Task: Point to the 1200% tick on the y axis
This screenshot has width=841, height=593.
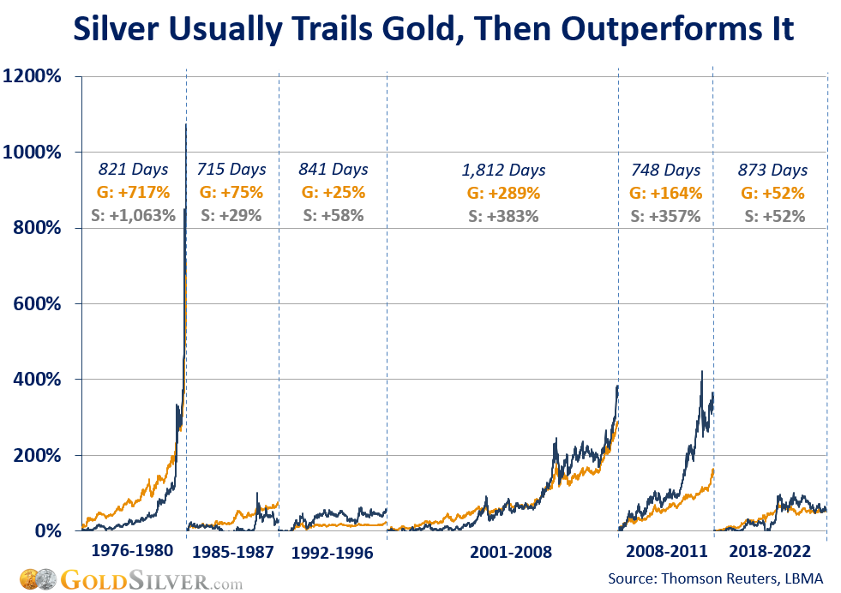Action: [32, 76]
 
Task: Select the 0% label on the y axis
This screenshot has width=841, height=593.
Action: [46, 530]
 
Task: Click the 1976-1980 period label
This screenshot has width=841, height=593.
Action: [131, 550]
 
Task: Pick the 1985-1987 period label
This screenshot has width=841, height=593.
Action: [231, 552]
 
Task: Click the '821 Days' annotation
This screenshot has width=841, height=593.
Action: [133, 170]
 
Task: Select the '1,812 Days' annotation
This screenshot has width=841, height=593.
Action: [503, 171]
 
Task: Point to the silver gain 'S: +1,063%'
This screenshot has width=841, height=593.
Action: [133, 216]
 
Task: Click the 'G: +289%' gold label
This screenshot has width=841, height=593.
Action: [503, 194]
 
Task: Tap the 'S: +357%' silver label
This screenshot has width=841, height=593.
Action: [665, 216]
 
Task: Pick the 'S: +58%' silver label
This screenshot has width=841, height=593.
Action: [333, 216]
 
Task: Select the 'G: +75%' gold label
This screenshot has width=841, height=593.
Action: [231, 193]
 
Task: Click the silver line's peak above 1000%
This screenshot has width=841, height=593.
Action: [186, 125]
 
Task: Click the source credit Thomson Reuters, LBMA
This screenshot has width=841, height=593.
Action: [715, 580]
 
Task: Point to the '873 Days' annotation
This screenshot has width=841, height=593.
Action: [772, 170]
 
